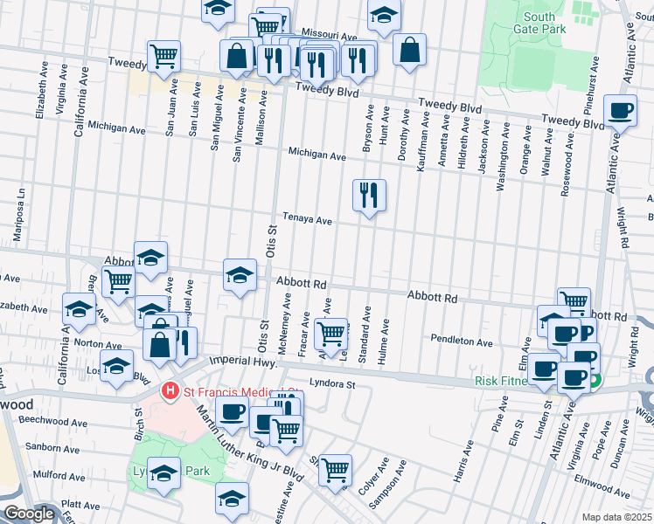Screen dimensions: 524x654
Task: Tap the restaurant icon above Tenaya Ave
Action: [x=369, y=195]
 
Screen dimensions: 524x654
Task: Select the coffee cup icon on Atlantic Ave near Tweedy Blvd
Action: [x=620, y=111]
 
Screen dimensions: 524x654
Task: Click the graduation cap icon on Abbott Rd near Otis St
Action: [x=240, y=275]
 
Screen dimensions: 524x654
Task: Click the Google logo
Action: [x=29, y=514]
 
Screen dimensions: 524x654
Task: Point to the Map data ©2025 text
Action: [x=616, y=517]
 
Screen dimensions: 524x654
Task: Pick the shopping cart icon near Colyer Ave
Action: [x=335, y=470]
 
